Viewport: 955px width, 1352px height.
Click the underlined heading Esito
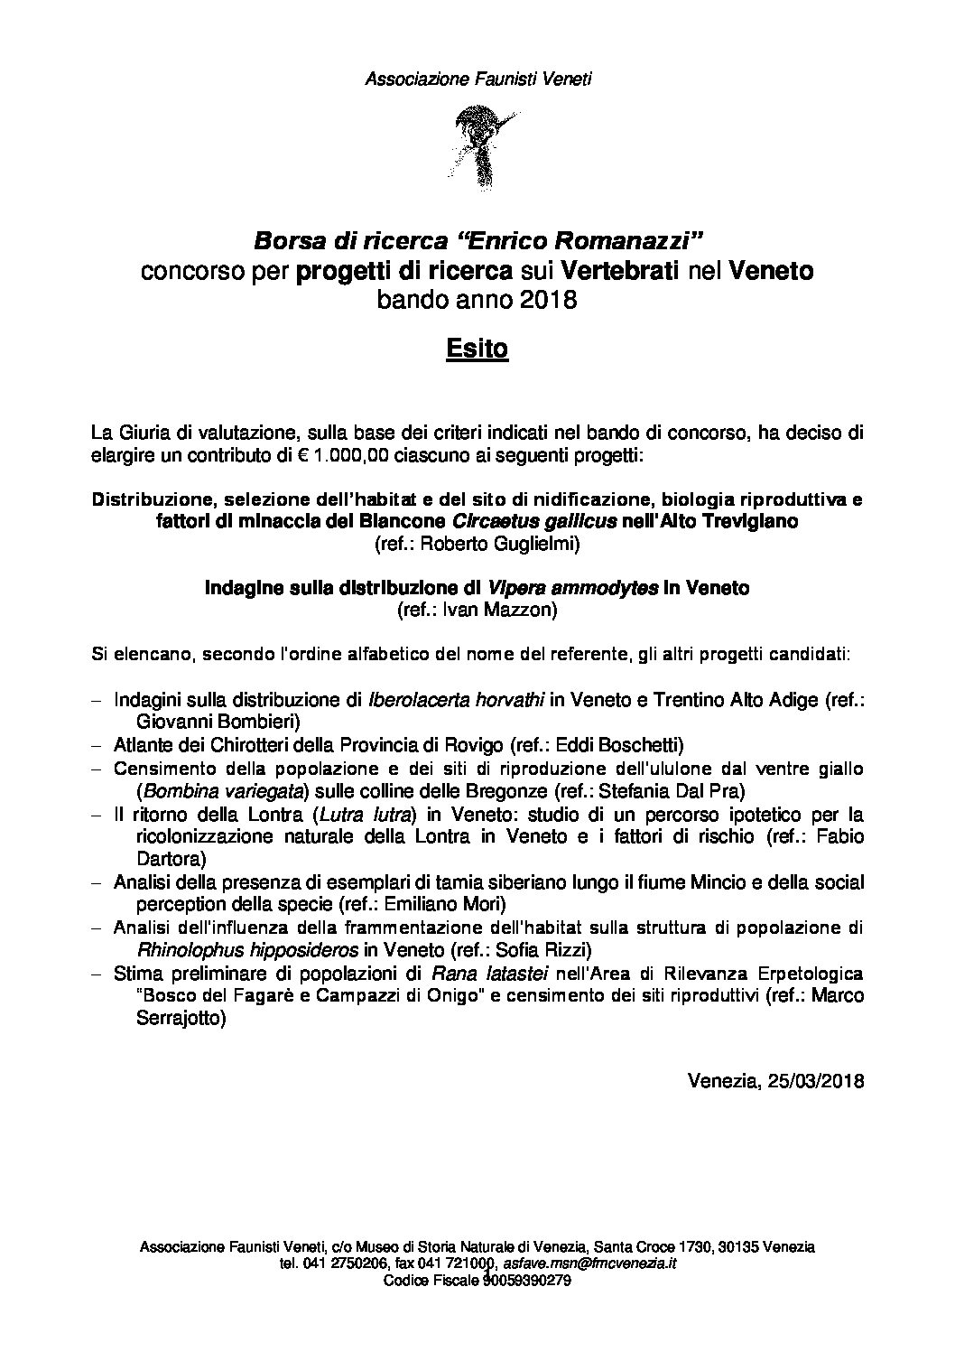(x=477, y=350)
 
